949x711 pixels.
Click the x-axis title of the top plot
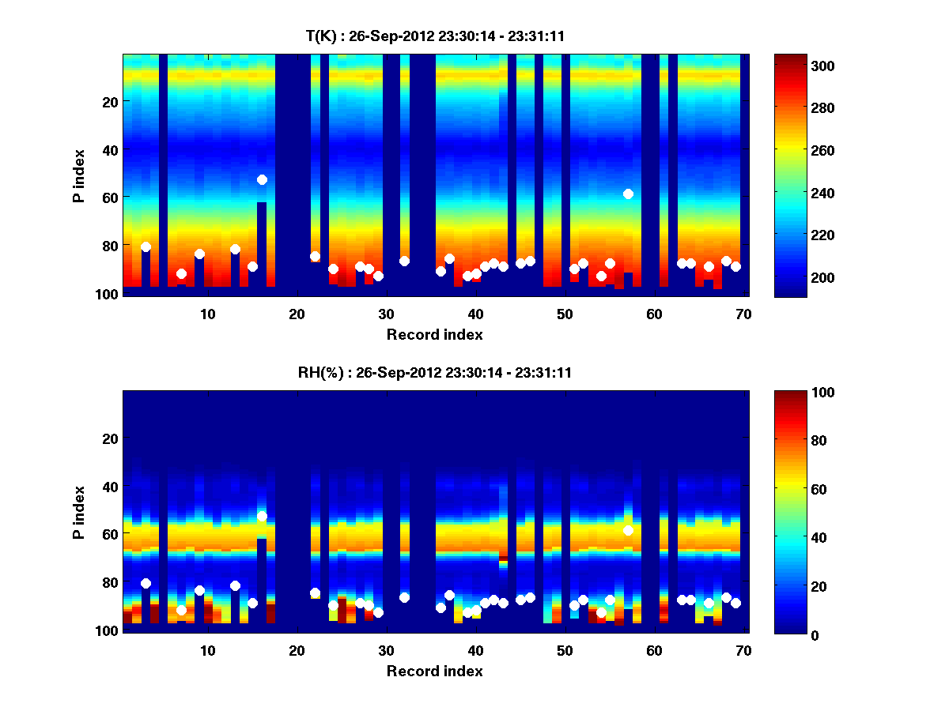(434, 334)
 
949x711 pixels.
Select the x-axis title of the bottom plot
(434, 671)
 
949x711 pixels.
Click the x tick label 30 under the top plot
(387, 314)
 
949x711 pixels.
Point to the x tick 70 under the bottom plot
(744, 651)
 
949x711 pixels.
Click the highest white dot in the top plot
(262, 180)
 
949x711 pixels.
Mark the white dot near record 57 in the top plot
(628, 194)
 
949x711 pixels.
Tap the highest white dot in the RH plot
(262, 517)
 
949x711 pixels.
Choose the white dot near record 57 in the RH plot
(628, 530)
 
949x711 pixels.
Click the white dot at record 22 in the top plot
(315, 256)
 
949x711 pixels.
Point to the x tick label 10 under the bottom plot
(207, 651)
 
